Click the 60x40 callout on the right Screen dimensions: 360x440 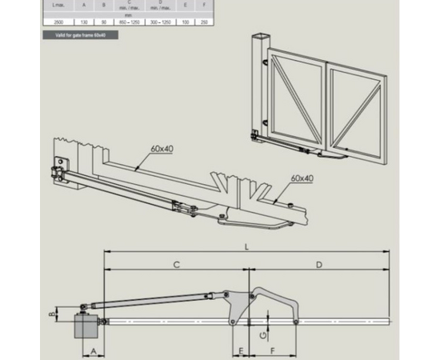pyautogui.click(x=302, y=178)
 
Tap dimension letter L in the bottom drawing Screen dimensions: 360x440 pyautogui.click(x=246, y=247)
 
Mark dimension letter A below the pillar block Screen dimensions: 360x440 pyautogui.click(x=93, y=351)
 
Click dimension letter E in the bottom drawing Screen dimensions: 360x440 pyautogui.click(x=240, y=351)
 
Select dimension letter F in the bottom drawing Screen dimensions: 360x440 pyautogui.click(x=272, y=351)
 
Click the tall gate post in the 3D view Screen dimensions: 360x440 pyautogui.click(x=259, y=88)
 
